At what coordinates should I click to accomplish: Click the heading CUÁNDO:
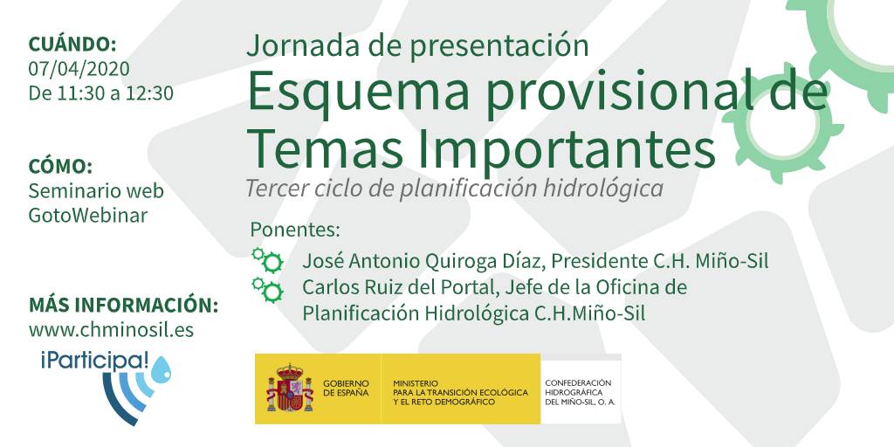point(72,44)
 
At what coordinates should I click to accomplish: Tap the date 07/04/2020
point(79,68)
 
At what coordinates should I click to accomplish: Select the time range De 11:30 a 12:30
point(101,93)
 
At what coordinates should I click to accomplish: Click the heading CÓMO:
point(60,166)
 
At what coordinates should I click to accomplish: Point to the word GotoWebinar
point(88,215)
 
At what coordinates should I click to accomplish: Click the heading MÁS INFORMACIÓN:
point(124,305)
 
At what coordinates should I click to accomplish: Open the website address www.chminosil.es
point(111,329)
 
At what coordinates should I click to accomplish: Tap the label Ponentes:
point(295,230)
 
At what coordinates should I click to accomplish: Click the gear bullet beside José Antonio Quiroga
point(267,260)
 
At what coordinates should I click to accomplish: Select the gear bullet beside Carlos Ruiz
point(267,290)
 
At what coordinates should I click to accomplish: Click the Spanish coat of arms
point(290,389)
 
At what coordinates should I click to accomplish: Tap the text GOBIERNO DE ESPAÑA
point(346,389)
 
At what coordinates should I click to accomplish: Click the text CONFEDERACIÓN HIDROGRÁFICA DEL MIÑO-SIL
point(580,393)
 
